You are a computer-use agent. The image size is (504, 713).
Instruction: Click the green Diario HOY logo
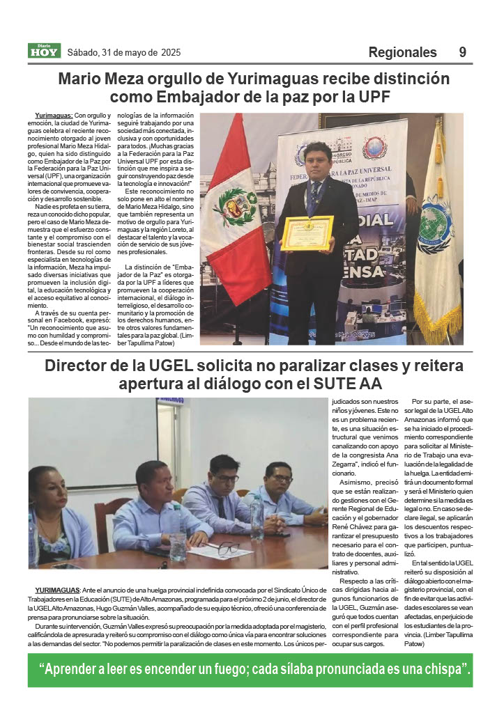[44, 51]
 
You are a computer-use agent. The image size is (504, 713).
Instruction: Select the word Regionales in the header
[402, 52]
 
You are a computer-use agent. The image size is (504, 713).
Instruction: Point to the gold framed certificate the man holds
[307, 233]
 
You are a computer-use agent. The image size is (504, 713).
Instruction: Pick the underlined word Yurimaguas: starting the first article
[54, 114]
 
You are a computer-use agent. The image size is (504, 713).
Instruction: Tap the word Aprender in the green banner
[77, 670]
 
